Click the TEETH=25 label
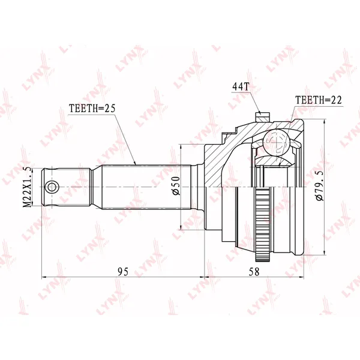(x=92, y=109)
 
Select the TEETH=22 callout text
(x=319, y=100)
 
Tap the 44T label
(x=241, y=87)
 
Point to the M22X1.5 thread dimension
(x=28, y=188)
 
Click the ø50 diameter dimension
(x=176, y=186)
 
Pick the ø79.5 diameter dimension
(x=320, y=186)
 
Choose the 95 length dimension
(x=123, y=272)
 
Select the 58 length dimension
(x=254, y=272)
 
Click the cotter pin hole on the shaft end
(x=52, y=187)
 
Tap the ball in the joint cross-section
(x=276, y=142)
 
